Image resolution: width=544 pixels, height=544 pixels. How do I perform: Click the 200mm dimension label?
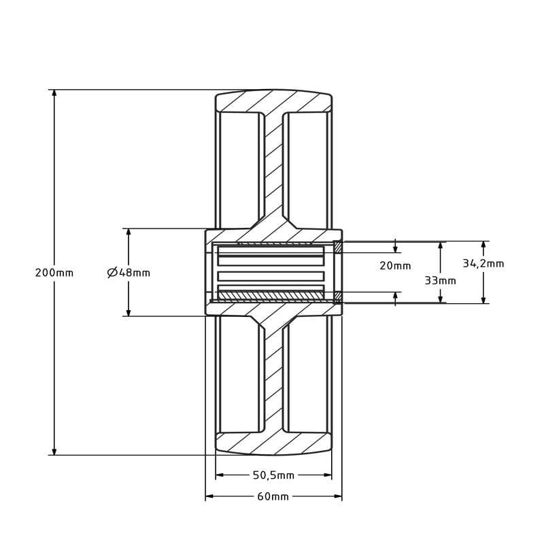(54, 273)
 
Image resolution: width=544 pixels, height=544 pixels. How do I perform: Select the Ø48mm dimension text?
(129, 273)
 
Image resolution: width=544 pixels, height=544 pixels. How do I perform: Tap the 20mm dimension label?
(395, 266)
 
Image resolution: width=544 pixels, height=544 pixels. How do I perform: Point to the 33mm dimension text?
(440, 280)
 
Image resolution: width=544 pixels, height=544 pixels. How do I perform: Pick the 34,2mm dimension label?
(483, 264)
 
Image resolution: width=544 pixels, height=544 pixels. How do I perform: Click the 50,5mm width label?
(273, 475)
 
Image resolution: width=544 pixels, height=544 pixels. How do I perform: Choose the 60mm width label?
(273, 497)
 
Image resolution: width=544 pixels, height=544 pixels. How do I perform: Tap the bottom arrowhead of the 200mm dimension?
(54, 450)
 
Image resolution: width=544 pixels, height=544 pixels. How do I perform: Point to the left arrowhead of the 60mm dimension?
(210, 496)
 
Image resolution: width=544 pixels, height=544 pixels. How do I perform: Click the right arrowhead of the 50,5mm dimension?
(327, 475)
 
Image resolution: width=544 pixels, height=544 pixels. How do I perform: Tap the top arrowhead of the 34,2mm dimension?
(483, 245)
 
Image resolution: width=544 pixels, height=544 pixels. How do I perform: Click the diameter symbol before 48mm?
(112, 273)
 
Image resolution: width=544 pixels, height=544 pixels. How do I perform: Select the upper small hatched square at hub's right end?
(337, 247)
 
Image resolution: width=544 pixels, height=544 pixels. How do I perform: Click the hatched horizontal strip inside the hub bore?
(271, 296)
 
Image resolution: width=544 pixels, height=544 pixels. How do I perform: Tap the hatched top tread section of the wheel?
(273, 101)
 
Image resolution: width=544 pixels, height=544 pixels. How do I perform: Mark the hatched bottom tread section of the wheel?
(273, 443)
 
